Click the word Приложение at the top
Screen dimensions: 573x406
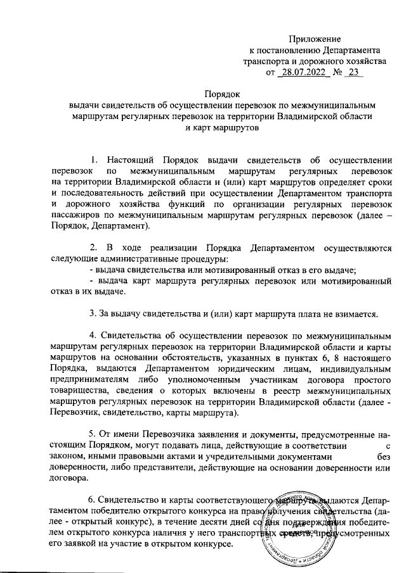pyautogui.click(x=315, y=39)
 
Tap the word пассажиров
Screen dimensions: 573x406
pyautogui.click(x=76, y=217)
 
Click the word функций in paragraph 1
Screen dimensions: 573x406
pyautogui.click(x=222, y=205)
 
